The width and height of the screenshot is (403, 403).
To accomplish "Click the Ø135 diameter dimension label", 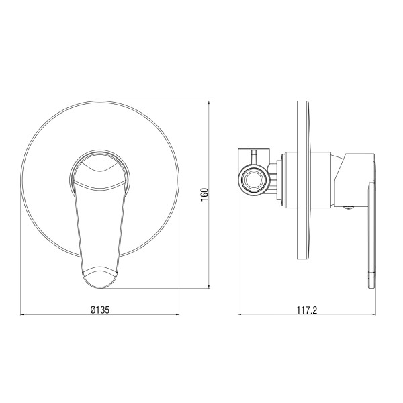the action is (x=99, y=310).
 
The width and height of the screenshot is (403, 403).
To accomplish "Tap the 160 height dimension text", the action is (x=204, y=195).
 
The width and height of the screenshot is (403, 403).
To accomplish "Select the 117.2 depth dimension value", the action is (x=307, y=310).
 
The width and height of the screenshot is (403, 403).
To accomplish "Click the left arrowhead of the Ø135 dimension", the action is (x=22, y=314).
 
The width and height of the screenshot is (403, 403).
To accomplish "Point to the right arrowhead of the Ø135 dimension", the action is (x=177, y=314).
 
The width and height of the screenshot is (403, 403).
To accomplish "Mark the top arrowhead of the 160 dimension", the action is (x=209, y=103).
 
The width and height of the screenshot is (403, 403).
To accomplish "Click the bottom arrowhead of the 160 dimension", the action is (x=209, y=286).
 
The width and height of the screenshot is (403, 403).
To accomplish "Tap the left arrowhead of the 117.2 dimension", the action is (x=240, y=314).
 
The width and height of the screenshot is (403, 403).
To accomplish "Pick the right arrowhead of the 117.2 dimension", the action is (x=373, y=314).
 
